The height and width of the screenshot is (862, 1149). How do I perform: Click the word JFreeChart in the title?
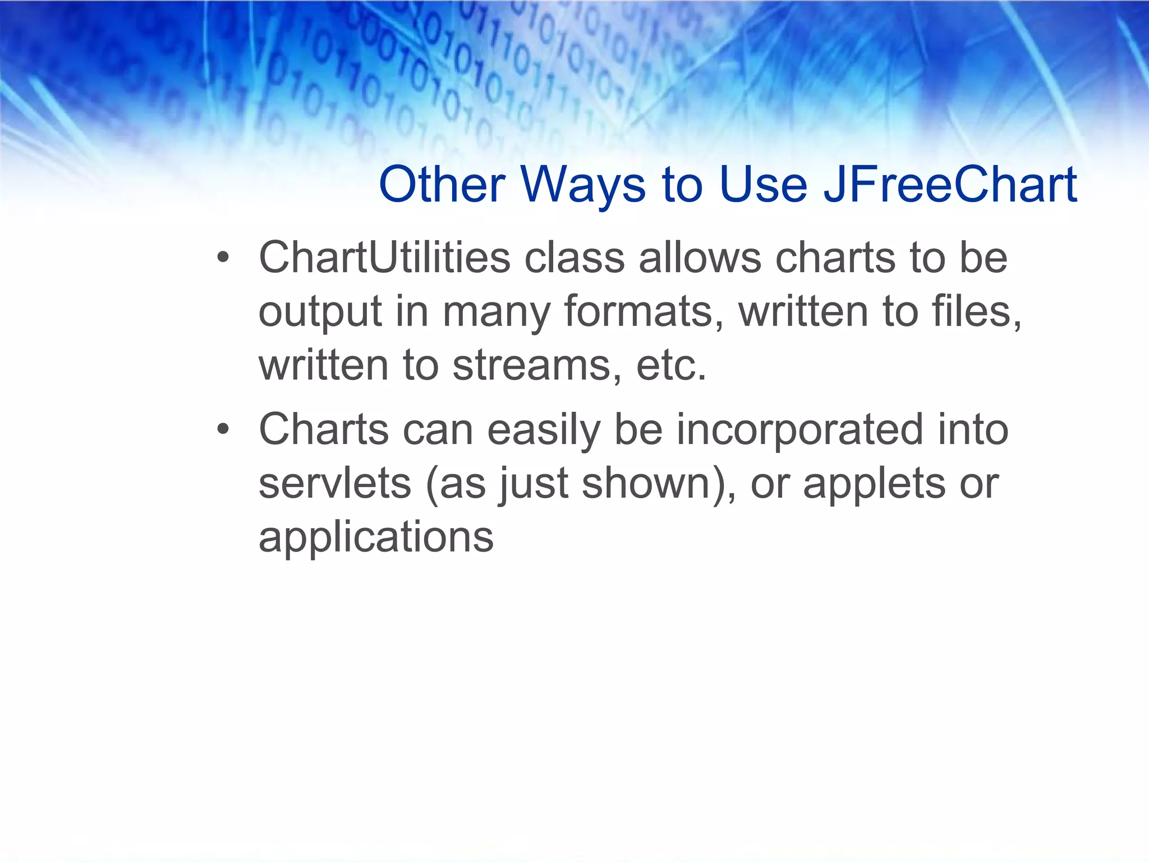click(x=949, y=185)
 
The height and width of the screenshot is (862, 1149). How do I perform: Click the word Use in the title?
click(x=763, y=185)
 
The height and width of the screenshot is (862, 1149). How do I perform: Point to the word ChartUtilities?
click(x=384, y=258)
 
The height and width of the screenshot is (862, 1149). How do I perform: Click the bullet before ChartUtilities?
click(x=223, y=259)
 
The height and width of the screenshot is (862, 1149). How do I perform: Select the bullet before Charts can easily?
click(x=223, y=430)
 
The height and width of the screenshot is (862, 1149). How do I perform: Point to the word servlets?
click(x=335, y=484)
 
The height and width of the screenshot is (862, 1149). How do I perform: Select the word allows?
click(x=700, y=258)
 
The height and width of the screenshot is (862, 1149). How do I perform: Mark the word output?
click(x=320, y=313)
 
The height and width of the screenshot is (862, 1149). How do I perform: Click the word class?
click(x=574, y=258)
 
